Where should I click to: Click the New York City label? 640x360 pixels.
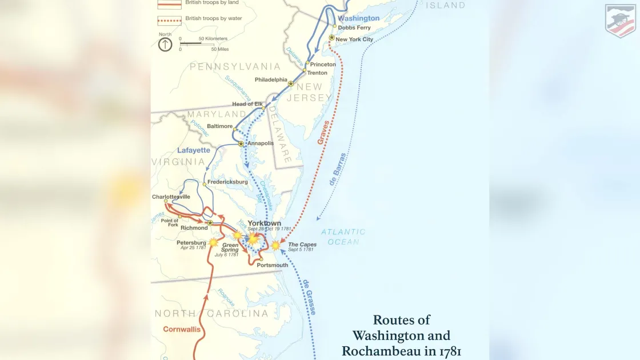coord(354,39)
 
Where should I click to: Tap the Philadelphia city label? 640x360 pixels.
coord(271,79)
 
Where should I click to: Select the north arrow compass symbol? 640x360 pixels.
coord(165,44)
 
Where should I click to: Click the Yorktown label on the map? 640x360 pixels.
coord(264,223)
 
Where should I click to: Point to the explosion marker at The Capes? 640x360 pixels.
coord(275,245)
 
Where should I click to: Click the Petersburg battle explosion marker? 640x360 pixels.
coord(213,242)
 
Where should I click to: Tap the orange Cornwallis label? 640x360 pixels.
coord(182,329)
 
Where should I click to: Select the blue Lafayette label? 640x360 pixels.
coord(194,150)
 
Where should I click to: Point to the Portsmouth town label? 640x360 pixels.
coord(273,265)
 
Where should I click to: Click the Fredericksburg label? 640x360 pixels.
coord(227,182)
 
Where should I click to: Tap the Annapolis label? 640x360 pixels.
coord(261,143)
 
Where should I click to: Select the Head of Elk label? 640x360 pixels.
coord(246,104)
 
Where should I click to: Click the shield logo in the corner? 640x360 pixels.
coord(620,20)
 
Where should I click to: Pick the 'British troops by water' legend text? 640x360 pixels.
coord(213,18)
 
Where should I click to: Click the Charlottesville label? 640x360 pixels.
coord(171,197)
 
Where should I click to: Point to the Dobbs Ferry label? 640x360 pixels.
coord(354,27)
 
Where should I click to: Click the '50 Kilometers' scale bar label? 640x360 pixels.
coord(213,39)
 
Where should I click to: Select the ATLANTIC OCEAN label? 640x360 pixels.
coord(343,237)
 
